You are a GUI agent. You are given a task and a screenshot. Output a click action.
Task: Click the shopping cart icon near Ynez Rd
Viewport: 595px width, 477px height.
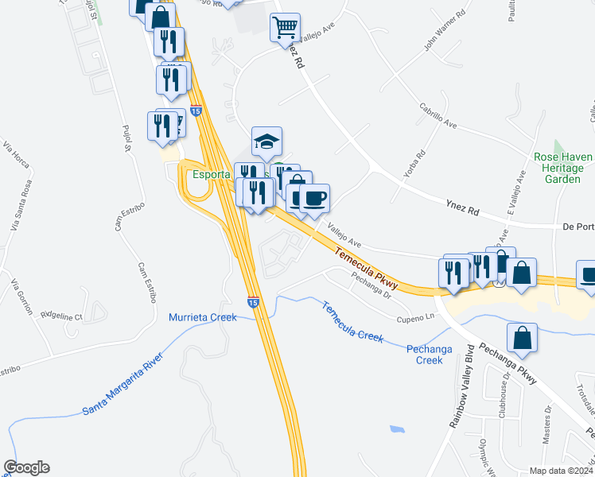pos(285,28)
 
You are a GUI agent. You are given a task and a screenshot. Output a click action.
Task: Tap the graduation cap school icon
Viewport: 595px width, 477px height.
pos(267,142)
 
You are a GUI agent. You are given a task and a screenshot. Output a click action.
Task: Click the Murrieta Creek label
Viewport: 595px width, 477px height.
pos(203,317)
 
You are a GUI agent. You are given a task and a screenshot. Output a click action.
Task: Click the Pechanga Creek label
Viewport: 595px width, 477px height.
pos(424,354)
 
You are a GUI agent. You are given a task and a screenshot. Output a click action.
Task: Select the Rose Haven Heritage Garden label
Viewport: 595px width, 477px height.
pos(562,169)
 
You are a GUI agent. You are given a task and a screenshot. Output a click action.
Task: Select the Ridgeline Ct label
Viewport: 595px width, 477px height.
pos(61,316)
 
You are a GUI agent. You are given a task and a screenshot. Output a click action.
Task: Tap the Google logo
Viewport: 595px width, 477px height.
pos(26,467)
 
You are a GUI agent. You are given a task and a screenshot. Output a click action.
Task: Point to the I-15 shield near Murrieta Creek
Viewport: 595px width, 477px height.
pos(252,302)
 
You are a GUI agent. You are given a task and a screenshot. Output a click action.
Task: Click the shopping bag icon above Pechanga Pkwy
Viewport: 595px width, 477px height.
pos(521,337)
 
